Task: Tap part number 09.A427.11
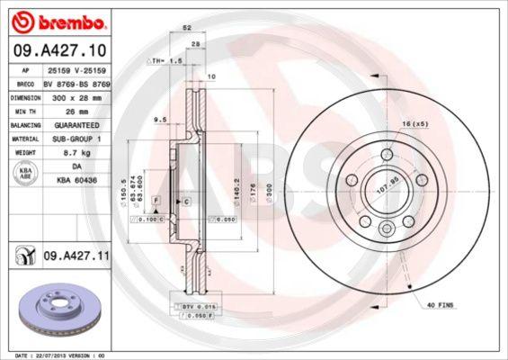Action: [76, 256]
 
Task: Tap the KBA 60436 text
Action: [76, 180]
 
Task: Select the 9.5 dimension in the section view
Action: [158, 118]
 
